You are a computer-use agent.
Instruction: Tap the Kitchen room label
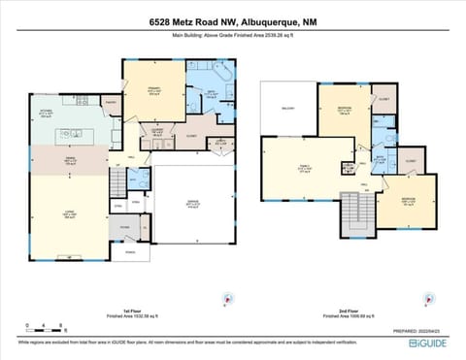point(45,114)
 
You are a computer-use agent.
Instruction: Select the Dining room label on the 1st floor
point(71,162)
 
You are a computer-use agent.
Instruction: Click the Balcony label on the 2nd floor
point(286,110)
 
